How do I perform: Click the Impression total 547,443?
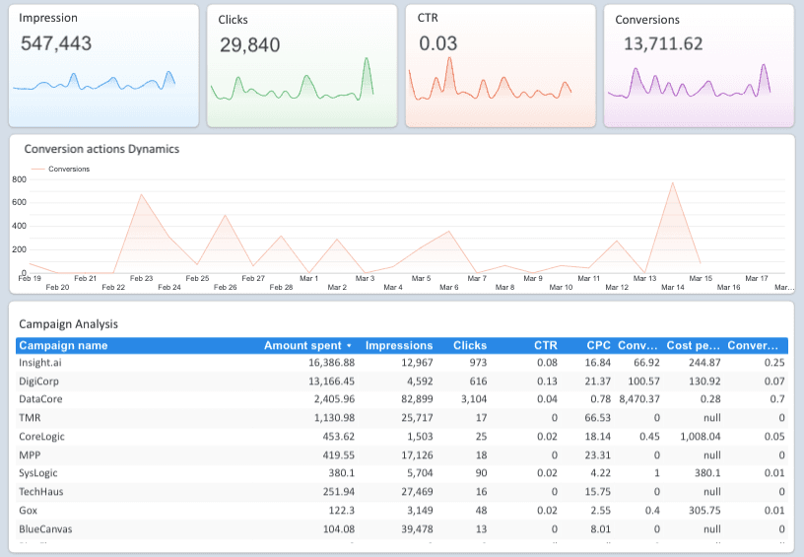56,43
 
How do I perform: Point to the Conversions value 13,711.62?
663,43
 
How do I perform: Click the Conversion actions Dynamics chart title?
101,149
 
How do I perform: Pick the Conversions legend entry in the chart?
68,169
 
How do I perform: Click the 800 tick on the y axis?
18,179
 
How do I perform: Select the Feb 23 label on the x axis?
141,279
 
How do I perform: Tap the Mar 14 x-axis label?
672,287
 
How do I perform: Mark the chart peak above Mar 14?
673,183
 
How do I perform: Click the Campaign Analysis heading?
68,323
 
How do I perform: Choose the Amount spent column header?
307,346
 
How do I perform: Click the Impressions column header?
398,346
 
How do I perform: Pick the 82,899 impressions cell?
412,398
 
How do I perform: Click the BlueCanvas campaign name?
45,528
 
